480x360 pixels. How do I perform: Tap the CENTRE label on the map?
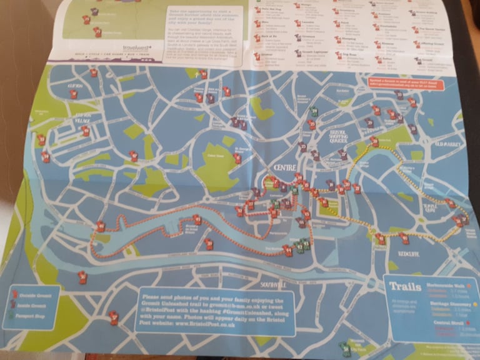point(286,168)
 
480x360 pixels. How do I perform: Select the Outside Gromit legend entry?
point(34,296)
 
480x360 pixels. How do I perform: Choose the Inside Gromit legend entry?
point(34,306)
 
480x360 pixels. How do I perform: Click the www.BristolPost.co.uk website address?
point(181,326)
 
